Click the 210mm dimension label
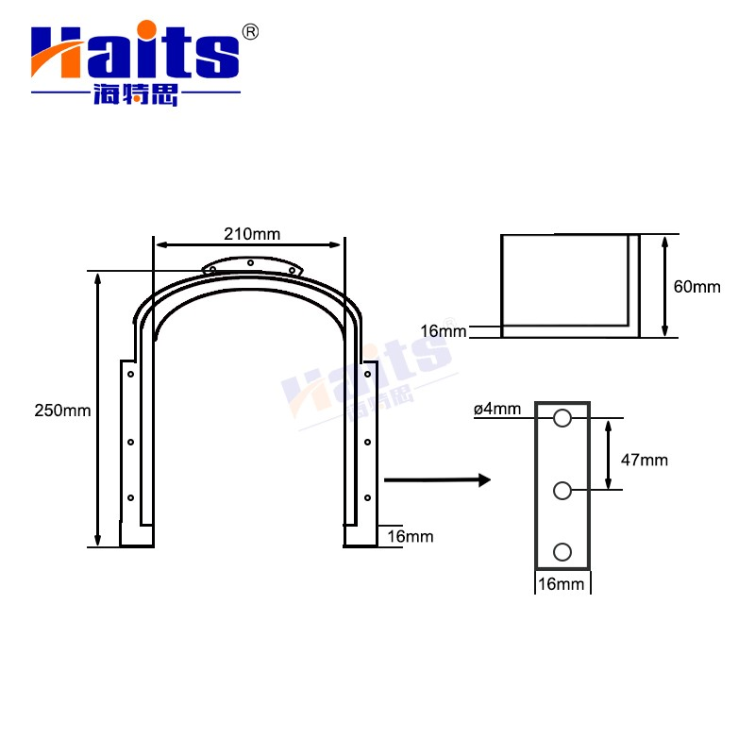[252, 234]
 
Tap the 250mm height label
[62, 411]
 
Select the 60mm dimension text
[696, 287]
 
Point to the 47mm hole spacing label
[645, 460]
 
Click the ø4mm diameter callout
[497, 409]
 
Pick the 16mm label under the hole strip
[561, 584]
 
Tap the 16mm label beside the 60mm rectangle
[443, 331]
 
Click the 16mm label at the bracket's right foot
[411, 536]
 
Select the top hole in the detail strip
[562, 418]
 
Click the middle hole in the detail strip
[562, 491]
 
